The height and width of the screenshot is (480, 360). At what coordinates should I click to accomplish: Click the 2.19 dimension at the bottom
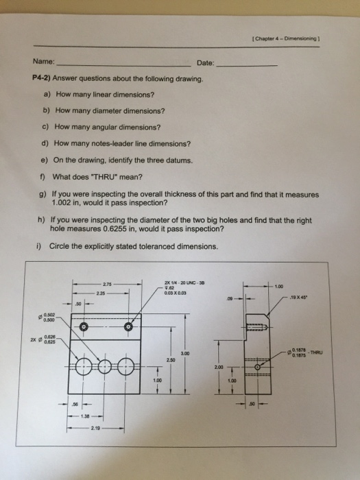point(93,427)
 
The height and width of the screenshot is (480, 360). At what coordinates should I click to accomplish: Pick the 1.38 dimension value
point(86,415)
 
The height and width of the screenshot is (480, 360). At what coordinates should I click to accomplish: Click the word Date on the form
point(205,63)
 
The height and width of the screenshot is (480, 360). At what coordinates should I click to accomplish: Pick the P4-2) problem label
point(43,79)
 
